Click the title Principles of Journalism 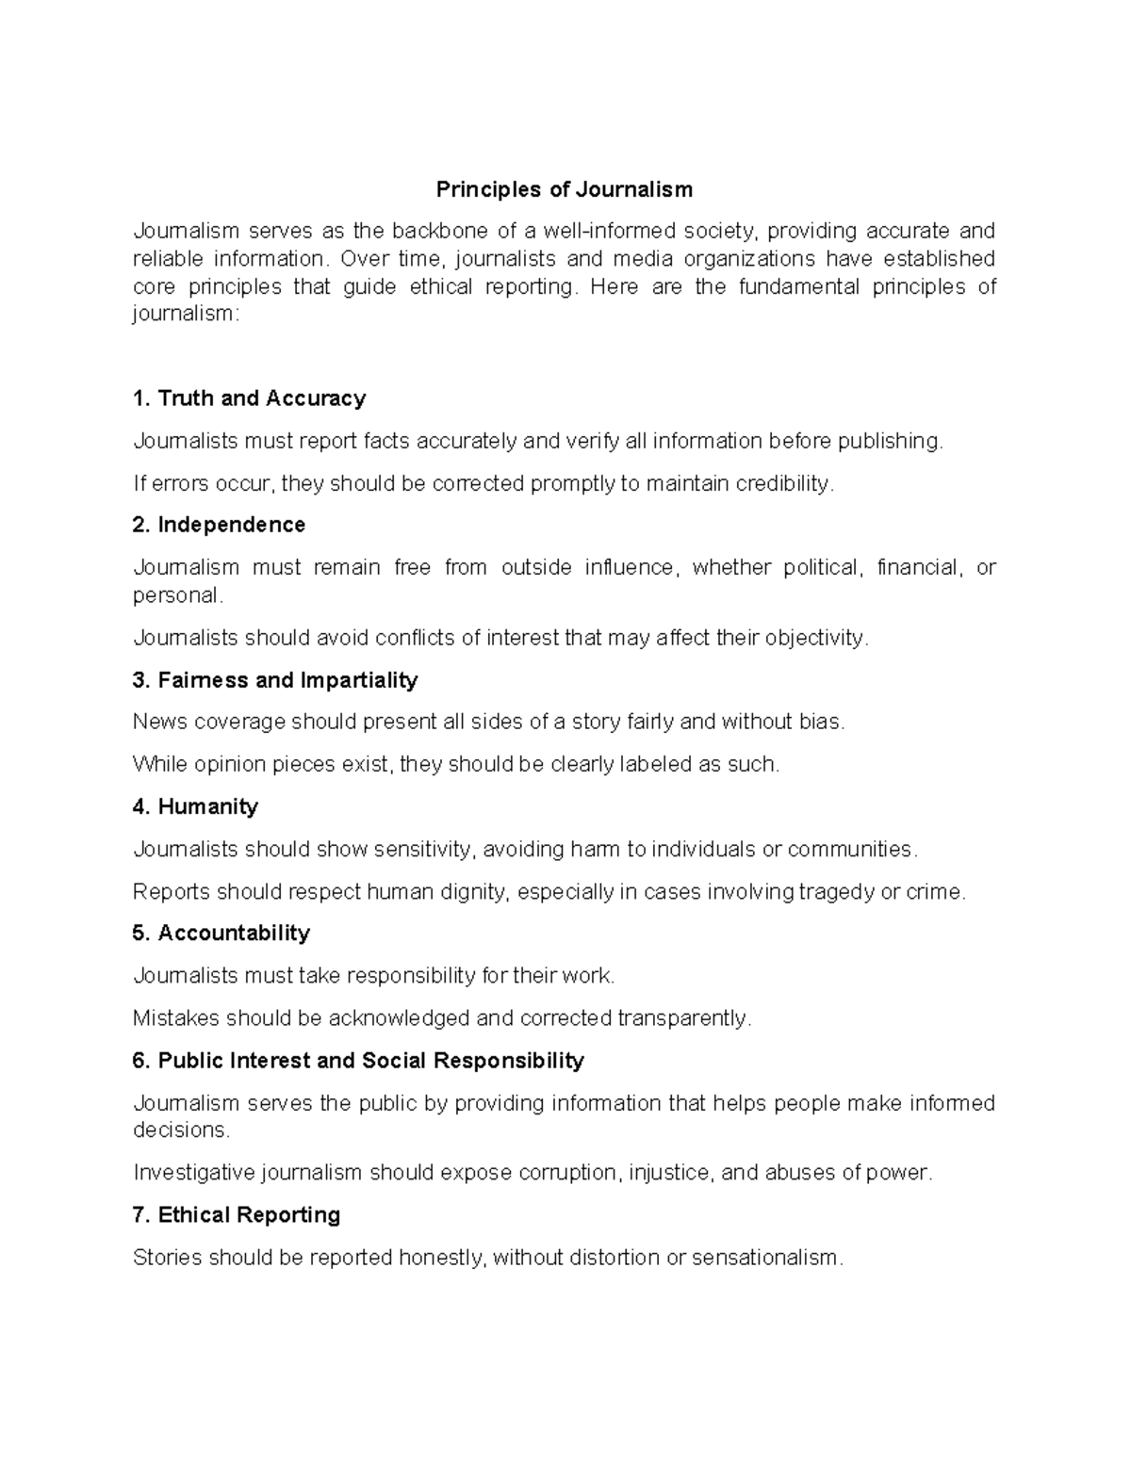[564, 189]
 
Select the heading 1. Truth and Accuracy [250, 398]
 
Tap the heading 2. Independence [220, 525]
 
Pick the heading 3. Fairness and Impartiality [275, 680]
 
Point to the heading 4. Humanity [195, 806]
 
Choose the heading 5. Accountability [221, 933]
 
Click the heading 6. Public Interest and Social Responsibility [358, 1061]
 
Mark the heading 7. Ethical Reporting [237, 1215]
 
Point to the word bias [823, 723]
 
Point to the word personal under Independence [178, 595]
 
